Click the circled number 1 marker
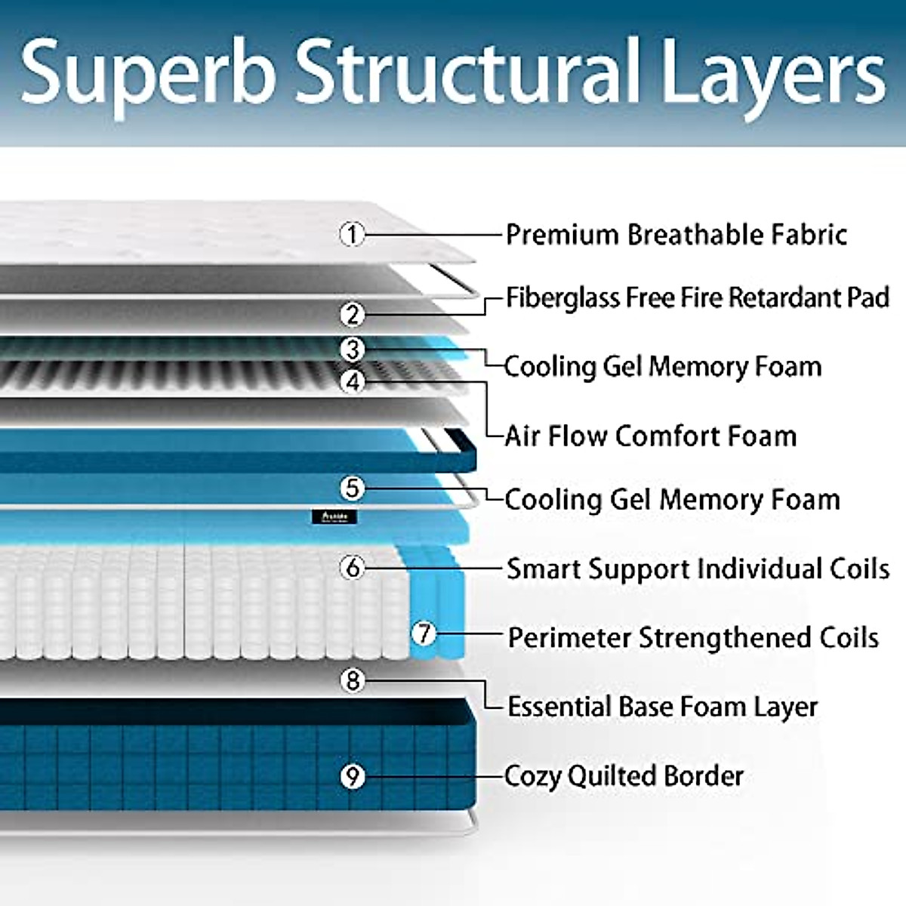352,234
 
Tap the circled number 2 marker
352,314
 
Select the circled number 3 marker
352,350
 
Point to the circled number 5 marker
352,488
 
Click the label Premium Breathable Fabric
676,235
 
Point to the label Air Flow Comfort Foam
650,436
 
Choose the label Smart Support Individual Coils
697,569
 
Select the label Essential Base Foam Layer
662,707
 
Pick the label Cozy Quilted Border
624,776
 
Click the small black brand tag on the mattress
333,517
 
